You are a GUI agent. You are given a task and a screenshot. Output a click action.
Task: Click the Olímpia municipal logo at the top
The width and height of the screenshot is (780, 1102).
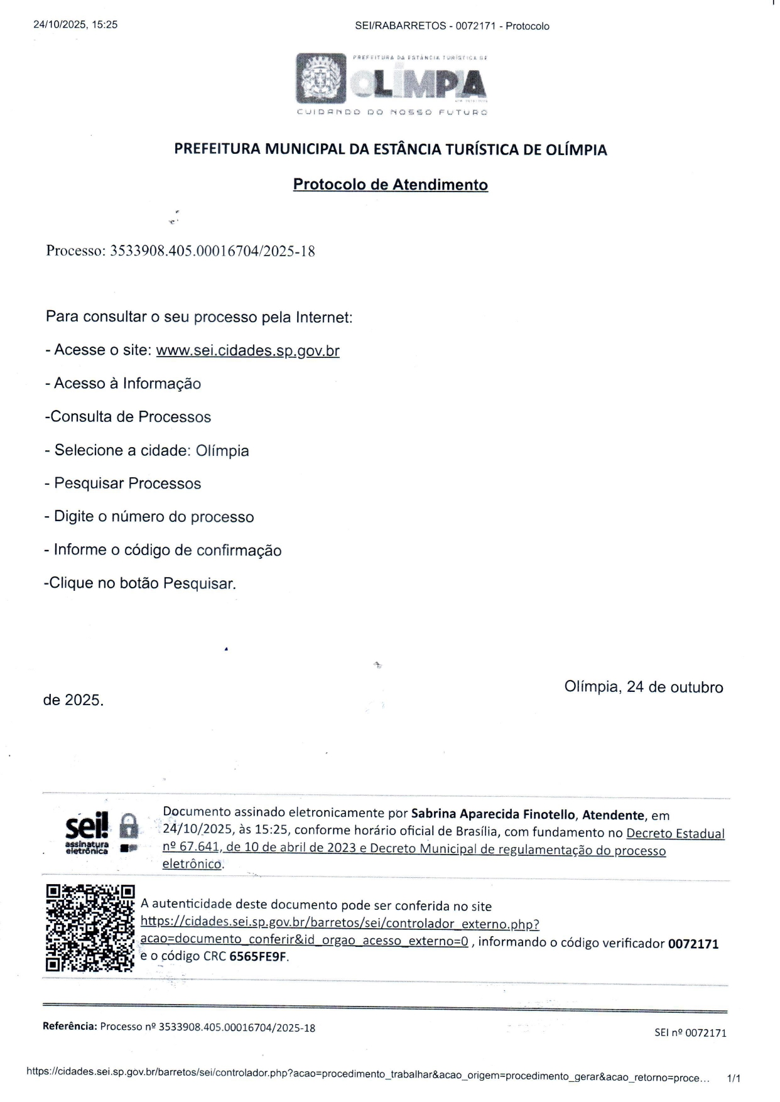pyautogui.click(x=391, y=84)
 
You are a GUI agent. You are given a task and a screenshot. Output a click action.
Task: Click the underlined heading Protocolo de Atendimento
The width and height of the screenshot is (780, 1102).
pyautogui.click(x=390, y=185)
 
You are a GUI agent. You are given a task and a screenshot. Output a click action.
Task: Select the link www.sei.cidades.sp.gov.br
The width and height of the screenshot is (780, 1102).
pyautogui.click(x=247, y=350)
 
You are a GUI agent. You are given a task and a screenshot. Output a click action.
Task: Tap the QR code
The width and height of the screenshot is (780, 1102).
pyautogui.click(x=90, y=928)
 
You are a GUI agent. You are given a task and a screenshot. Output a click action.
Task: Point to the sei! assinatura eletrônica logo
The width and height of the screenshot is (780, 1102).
pyautogui.click(x=87, y=833)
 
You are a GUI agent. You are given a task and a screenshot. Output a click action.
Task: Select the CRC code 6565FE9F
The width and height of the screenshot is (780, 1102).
pyautogui.click(x=258, y=957)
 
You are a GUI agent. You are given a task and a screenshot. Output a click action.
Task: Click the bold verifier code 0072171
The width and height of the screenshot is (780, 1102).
pyautogui.click(x=693, y=943)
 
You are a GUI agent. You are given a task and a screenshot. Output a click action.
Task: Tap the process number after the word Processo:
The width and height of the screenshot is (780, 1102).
pyautogui.click(x=212, y=252)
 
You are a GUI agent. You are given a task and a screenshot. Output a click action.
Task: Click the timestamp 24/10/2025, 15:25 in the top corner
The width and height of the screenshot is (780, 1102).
pyautogui.click(x=75, y=25)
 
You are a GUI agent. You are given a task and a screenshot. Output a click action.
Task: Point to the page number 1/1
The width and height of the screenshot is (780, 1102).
pyautogui.click(x=733, y=1079)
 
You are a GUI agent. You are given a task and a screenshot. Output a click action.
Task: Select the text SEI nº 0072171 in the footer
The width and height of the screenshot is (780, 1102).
pyautogui.click(x=690, y=1033)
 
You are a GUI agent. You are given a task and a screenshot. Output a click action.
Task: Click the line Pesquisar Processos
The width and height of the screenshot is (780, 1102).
pyautogui.click(x=127, y=483)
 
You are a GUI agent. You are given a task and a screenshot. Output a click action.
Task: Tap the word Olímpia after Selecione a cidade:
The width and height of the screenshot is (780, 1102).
pyautogui.click(x=222, y=451)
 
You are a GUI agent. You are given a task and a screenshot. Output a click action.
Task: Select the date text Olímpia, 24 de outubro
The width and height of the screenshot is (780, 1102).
pyautogui.click(x=643, y=687)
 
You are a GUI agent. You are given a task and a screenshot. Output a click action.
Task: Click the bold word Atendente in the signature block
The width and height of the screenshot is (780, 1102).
pyautogui.click(x=613, y=815)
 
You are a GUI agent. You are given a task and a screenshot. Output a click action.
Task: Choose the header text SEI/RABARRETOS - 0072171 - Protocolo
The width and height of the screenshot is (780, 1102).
pyautogui.click(x=452, y=26)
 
